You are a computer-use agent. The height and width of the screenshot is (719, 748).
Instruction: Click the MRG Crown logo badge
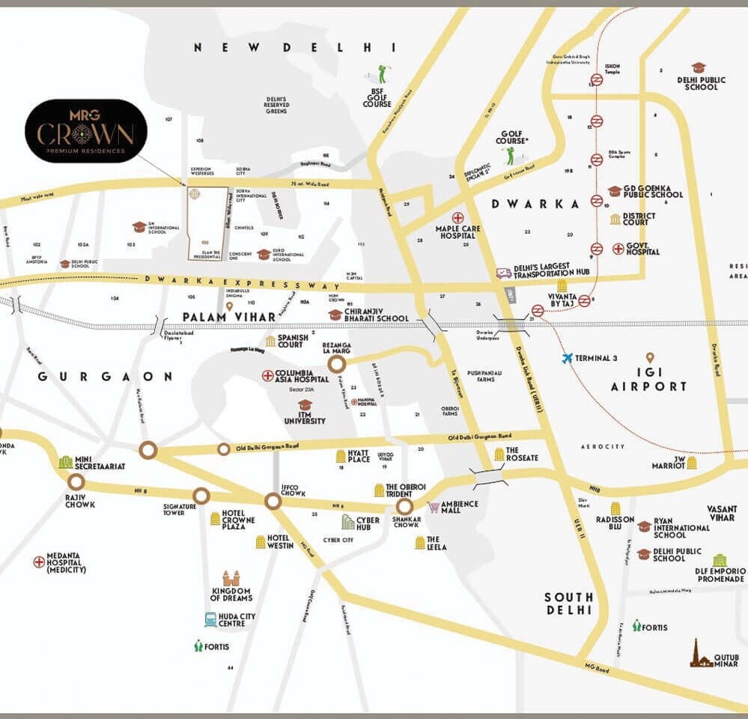click(85, 131)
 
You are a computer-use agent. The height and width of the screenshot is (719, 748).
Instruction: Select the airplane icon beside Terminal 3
click(568, 358)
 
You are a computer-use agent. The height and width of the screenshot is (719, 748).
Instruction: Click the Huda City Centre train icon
click(210, 619)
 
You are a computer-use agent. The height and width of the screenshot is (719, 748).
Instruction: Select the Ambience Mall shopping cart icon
click(434, 508)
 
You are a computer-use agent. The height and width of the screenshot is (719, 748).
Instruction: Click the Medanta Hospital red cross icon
click(39, 562)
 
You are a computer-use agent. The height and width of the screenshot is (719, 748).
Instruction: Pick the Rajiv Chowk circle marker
click(76, 482)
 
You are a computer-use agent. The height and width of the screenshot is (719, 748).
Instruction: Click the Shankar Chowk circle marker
click(404, 507)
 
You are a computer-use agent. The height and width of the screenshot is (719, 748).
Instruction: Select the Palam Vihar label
click(230, 318)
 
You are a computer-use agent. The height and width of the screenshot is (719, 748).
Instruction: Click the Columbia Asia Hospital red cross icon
click(267, 374)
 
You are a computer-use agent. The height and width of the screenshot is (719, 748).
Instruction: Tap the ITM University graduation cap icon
click(305, 404)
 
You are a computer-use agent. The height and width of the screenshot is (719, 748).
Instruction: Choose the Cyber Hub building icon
click(347, 521)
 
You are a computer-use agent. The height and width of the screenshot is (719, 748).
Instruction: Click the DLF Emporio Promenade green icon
click(719, 560)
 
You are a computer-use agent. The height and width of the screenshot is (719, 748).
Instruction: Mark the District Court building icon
click(615, 219)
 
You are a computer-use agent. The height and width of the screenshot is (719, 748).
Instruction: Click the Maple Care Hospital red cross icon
click(457, 216)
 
